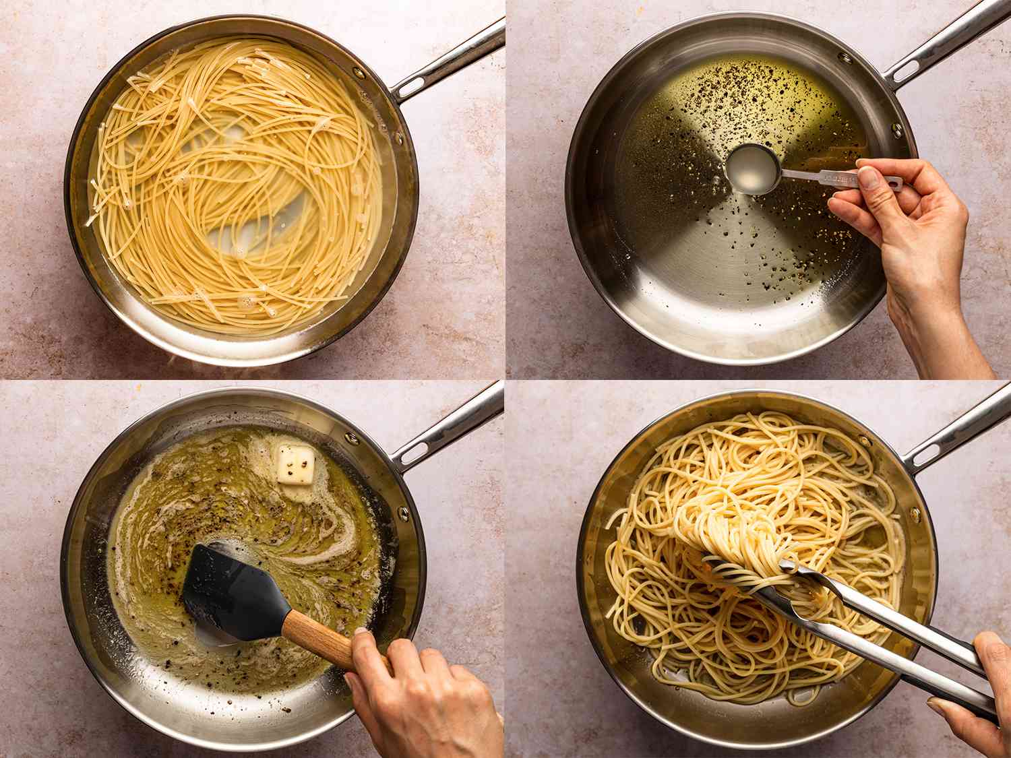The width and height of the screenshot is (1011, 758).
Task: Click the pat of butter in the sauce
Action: point(296,464)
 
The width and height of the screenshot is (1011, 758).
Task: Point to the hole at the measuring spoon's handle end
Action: point(893,182)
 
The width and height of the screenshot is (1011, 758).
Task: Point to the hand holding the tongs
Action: point(977,701)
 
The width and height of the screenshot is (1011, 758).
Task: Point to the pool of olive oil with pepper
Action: point(708,108)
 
